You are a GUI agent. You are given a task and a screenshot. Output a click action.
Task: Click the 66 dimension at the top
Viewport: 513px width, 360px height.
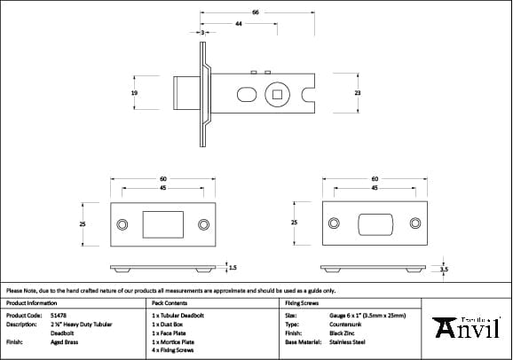[256, 13]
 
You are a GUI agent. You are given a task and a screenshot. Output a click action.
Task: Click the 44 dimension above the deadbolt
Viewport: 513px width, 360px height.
[239, 24]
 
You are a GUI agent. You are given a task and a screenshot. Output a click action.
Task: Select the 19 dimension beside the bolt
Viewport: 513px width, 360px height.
[134, 92]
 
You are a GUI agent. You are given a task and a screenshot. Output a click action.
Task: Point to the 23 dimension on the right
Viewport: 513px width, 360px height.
[357, 92]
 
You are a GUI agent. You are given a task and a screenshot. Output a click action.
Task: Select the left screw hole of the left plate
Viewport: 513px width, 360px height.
[122, 223]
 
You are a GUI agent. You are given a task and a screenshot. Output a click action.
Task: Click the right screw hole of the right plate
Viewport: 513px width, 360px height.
[415, 223]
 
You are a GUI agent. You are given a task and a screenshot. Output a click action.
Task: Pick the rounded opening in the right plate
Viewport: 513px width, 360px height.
[375, 223]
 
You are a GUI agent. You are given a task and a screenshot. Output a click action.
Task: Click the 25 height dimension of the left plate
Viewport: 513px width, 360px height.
[83, 224]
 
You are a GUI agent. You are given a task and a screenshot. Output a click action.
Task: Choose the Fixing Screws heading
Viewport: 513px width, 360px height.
[301, 302]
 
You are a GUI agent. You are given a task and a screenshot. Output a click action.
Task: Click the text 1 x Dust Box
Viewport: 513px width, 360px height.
[169, 324]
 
